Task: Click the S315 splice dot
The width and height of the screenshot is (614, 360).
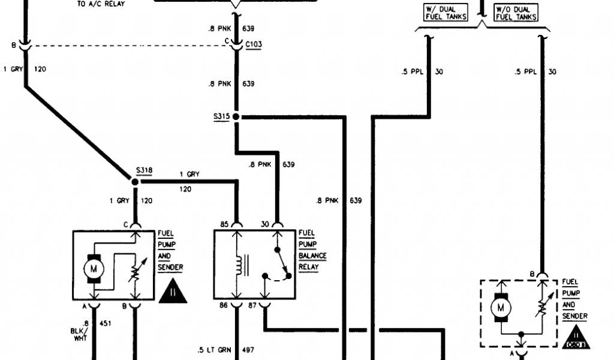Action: [236, 116]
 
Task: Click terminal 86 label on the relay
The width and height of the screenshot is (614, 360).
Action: [224, 306]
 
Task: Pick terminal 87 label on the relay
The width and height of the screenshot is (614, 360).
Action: [253, 306]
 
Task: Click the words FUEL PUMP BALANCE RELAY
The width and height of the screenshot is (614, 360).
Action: [312, 250]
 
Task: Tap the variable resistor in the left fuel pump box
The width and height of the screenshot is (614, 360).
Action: [135, 272]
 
